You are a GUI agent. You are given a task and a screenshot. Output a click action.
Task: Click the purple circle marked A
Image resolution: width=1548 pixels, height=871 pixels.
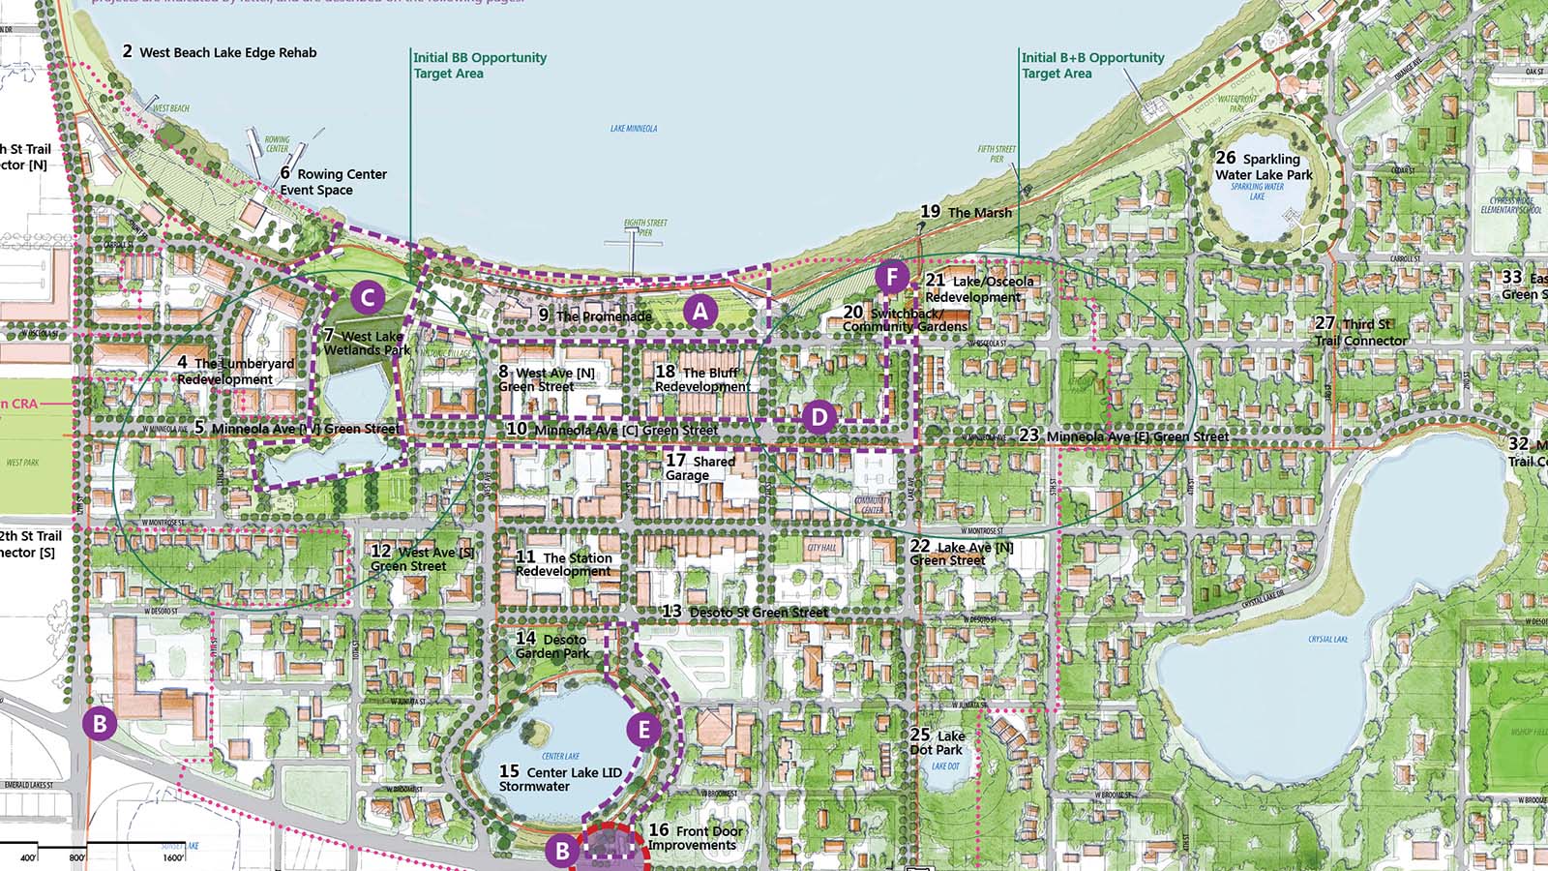click(x=700, y=311)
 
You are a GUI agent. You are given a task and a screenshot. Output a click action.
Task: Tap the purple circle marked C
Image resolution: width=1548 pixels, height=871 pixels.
click(x=368, y=297)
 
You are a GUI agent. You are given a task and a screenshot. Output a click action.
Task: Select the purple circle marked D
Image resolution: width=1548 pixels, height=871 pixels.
click(x=819, y=417)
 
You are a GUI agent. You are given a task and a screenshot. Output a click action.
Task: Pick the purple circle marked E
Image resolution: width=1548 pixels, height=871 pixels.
click(x=643, y=730)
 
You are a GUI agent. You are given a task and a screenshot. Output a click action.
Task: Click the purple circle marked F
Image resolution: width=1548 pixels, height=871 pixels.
click(x=892, y=278)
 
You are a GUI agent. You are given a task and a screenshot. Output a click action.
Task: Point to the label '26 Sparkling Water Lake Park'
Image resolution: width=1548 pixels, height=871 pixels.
click(x=1264, y=166)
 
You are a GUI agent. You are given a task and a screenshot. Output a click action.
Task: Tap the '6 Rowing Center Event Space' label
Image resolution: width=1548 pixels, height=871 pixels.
click(x=333, y=182)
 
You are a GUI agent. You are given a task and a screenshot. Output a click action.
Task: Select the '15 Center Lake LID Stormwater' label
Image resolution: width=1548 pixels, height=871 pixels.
click(x=560, y=778)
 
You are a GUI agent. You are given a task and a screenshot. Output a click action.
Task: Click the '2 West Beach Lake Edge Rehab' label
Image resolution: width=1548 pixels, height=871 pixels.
click(x=220, y=52)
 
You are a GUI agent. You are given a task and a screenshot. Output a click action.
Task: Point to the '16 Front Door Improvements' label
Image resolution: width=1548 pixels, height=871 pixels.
click(x=696, y=837)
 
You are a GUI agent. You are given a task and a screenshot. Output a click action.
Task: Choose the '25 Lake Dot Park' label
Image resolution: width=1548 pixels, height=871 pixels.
click(x=937, y=742)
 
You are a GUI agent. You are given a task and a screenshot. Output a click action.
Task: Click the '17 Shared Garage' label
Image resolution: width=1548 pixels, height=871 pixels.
click(x=700, y=468)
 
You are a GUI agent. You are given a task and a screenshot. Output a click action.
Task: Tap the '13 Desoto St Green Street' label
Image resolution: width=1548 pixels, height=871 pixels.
click(x=744, y=612)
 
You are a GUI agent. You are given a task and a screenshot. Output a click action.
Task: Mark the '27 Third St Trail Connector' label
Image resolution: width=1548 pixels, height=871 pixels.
click(x=1360, y=332)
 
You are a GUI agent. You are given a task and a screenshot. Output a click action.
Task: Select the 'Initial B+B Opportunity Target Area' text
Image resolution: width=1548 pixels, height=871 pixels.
click(x=1092, y=65)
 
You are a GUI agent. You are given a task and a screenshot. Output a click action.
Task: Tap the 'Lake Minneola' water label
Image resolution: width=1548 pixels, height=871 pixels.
click(x=634, y=128)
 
